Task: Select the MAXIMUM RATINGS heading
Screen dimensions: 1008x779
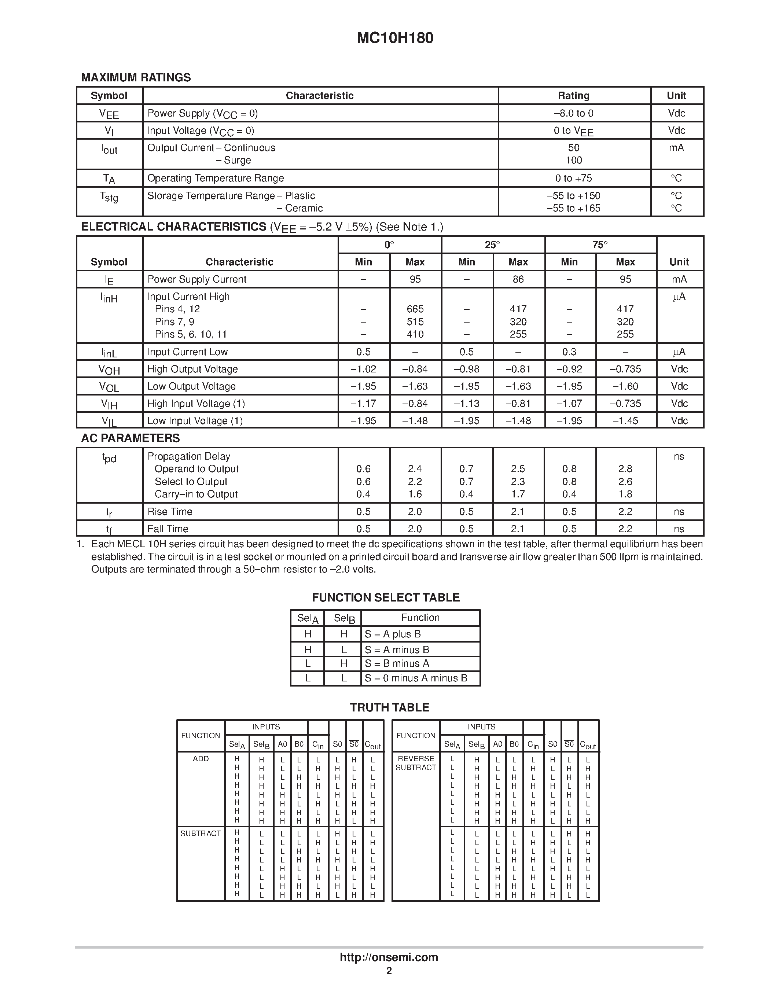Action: [136, 78]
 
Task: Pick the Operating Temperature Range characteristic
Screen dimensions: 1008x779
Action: [216, 178]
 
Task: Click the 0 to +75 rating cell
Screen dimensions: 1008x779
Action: [573, 178]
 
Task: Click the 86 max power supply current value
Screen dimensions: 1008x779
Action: [518, 279]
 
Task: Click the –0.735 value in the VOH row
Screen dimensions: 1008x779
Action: [625, 369]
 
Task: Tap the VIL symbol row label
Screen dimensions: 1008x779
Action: [109, 421]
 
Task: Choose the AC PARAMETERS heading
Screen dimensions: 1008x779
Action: [131, 438]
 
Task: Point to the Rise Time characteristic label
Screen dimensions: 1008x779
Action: [170, 512]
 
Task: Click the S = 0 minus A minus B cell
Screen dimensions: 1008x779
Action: [416, 678]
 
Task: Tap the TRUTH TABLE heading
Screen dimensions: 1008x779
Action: [389, 707]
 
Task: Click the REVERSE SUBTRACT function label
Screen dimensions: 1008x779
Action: [415, 763]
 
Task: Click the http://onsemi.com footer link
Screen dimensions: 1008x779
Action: [389, 957]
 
